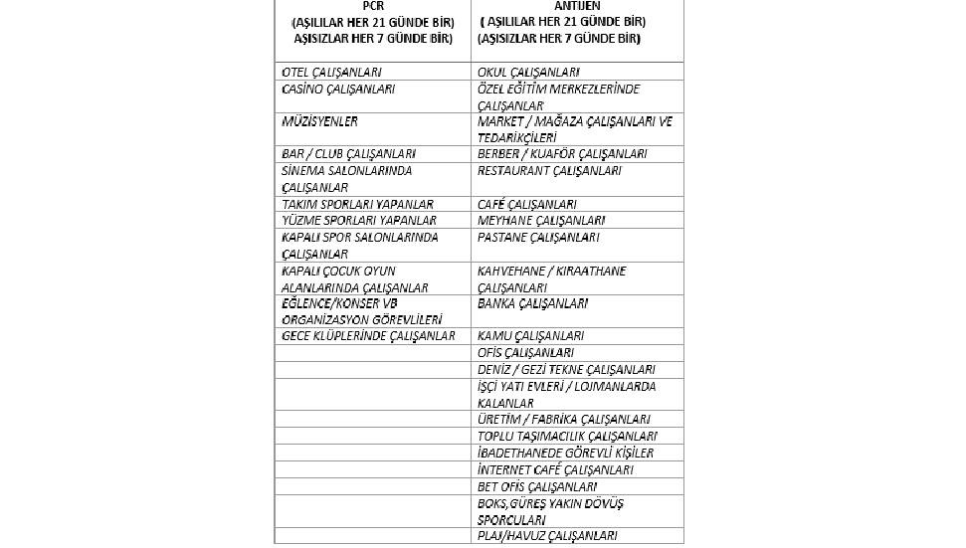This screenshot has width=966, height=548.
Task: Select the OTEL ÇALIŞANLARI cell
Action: (x=332, y=73)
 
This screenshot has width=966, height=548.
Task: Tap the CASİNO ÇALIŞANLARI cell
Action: (x=338, y=90)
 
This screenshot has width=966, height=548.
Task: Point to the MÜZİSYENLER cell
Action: (x=320, y=122)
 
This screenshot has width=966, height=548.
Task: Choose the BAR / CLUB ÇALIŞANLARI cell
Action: (x=348, y=155)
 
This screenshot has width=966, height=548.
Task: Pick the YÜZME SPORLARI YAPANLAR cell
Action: (x=359, y=221)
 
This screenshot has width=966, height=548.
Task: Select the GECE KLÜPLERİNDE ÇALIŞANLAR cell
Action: (x=368, y=336)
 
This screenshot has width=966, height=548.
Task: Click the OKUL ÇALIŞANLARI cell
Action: (x=528, y=73)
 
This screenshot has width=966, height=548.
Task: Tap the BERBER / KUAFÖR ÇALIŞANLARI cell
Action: (x=562, y=155)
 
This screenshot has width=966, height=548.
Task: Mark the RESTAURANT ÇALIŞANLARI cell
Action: (x=549, y=171)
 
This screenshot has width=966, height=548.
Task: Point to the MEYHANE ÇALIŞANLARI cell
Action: (x=541, y=221)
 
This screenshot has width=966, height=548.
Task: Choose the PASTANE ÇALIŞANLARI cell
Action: (x=538, y=238)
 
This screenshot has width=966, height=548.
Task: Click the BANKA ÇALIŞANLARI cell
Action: (x=532, y=303)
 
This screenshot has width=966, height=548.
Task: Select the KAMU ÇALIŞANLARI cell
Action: (x=530, y=336)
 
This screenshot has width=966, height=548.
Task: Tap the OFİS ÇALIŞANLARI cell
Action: (x=525, y=353)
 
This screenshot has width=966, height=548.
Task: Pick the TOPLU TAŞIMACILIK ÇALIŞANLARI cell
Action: (x=567, y=437)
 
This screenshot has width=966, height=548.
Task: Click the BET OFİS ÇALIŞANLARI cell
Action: (x=537, y=487)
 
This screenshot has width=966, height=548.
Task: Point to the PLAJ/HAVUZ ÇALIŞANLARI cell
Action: (x=547, y=536)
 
